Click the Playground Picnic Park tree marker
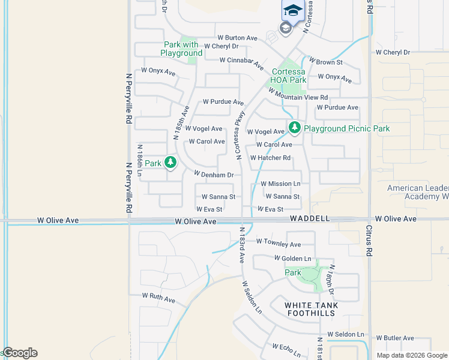click(294, 127)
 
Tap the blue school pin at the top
click(292, 11)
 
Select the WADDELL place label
click(310, 219)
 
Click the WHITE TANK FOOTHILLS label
click(312, 309)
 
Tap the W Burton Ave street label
click(237, 37)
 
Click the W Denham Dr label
click(213, 175)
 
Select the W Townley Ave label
click(279, 244)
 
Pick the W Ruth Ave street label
click(158, 296)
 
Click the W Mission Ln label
click(280, 184)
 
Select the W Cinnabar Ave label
click(241, 61)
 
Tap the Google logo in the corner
click(20, 353)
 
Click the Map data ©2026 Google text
click(411, 355)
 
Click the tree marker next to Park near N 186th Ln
click(170, 162)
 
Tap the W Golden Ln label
click(293, 258)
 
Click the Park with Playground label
click(182, 49)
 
